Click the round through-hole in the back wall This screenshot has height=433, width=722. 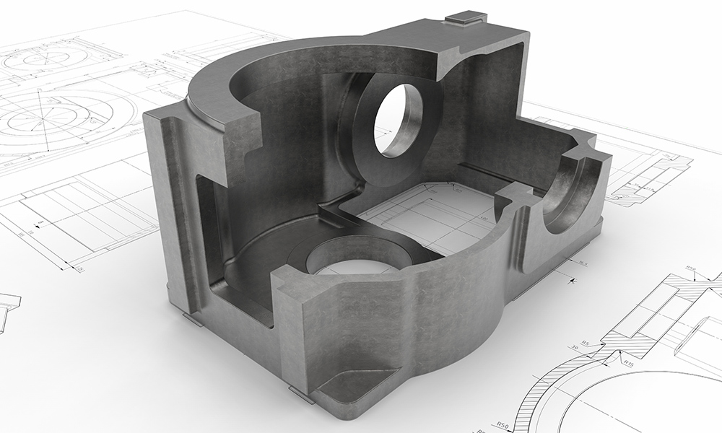pos(397,119)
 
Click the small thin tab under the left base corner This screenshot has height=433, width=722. pos(192,319)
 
